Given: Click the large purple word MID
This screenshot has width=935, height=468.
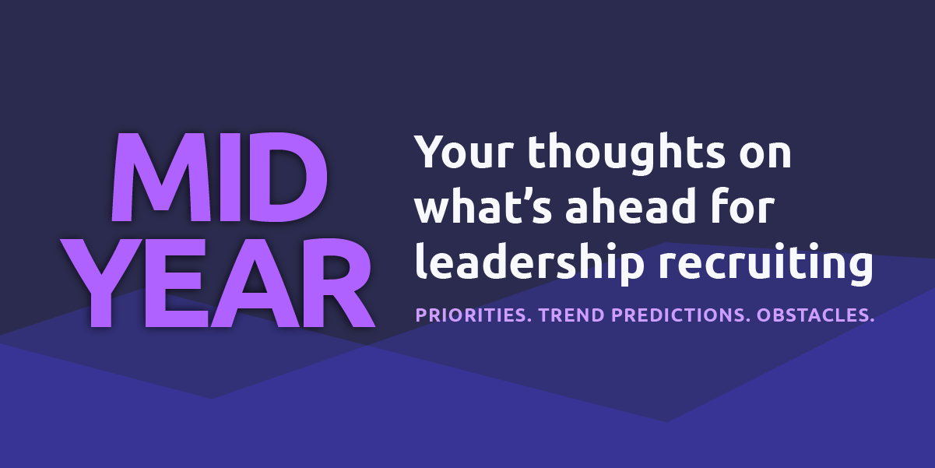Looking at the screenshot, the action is [x=220, y=177].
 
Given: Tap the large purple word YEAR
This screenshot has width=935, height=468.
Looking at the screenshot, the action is [x=217, y=283].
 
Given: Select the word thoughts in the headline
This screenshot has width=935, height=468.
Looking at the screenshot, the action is [x=627, y=153].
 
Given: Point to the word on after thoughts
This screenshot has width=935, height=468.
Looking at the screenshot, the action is [x=765, y=155].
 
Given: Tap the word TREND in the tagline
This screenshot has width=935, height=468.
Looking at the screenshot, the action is [x=571, y=315].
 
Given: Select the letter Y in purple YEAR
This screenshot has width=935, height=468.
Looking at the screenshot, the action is [x=101, y=283].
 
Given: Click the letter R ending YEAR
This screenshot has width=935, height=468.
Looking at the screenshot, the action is [x=339, y=283].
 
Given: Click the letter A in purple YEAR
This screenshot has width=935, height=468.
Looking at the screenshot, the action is [x=255, y=283].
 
